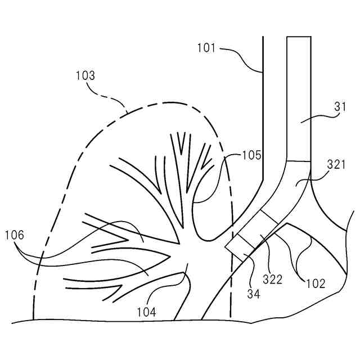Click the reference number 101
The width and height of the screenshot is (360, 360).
tap(206, 48)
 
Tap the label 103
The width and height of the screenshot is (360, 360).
tap(85, 75)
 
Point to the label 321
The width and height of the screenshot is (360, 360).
tap(337, 164)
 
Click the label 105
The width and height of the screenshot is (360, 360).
tap(252, 155)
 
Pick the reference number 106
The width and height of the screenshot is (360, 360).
tap(14, 235)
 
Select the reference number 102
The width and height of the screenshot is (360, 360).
tap(316, 284)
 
